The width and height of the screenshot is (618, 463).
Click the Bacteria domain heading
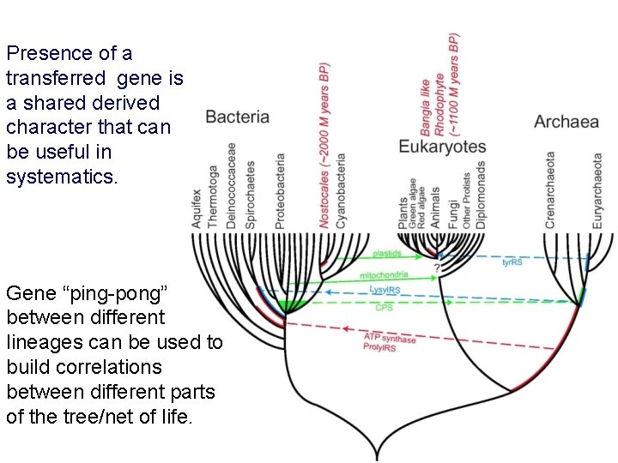(237, 117)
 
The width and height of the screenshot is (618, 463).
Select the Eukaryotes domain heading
(442, 147)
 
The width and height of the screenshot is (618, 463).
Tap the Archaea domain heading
(566, 121)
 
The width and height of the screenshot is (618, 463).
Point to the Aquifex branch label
(197, 208)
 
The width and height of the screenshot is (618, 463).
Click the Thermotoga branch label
(214, 196)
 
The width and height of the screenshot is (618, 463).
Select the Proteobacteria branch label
(280, 191)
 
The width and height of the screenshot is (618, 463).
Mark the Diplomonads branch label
(482, 195)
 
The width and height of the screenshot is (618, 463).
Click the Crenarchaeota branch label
(550, 190)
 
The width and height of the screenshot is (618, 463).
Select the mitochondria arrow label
(384, 275)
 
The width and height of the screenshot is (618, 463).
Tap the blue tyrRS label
(512, 262)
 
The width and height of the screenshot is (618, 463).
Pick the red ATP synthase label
(389, 339)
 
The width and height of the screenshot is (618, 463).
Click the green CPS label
(385, 307)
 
